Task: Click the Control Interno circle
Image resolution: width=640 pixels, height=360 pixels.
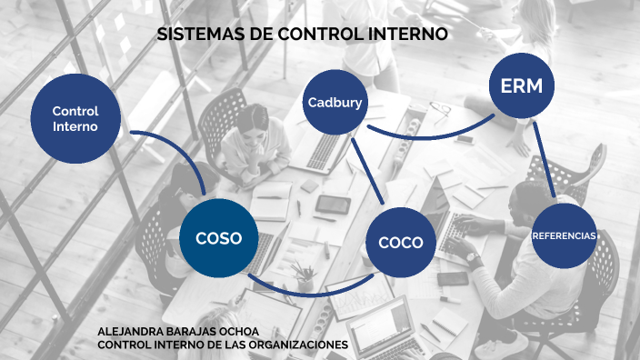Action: click(x=75, y=118)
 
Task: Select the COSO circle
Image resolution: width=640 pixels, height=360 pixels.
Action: click(x=218, y=238)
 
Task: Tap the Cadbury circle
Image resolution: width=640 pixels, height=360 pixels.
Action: click(x=335, y=102)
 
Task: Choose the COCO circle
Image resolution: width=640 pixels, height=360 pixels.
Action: click(x=401, y=242)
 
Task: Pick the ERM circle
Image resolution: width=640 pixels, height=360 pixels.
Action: click(x=522, y=86)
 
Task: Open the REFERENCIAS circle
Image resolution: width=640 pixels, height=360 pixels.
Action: click(x=564, y=235)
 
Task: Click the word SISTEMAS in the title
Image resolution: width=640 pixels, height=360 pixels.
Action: click(x=195, y=35)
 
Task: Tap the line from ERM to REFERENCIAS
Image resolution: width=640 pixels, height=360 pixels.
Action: click(x=544, y=160)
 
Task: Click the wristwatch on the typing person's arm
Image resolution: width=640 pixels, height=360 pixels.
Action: click(x=474, y=259)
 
